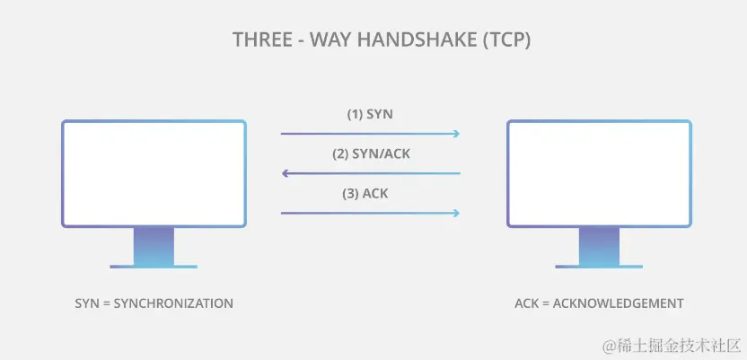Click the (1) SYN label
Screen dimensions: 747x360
tap(370, 115)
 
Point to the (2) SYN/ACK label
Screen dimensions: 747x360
tap(371, 154)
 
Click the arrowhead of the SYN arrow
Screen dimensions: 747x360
tap(456, 134)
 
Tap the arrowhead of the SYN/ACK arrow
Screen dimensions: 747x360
tap(286, 173)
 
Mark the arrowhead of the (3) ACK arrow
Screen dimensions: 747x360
tap(456, 213)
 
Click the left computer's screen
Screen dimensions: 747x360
tap(154, 172)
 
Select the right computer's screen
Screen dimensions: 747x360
tap(599, 172)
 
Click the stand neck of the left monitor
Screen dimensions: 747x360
tap(154, 244)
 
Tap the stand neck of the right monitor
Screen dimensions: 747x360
tap(599, 244)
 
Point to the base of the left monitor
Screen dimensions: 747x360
tap(154, 266)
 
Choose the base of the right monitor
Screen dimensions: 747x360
tap(599, 266)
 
